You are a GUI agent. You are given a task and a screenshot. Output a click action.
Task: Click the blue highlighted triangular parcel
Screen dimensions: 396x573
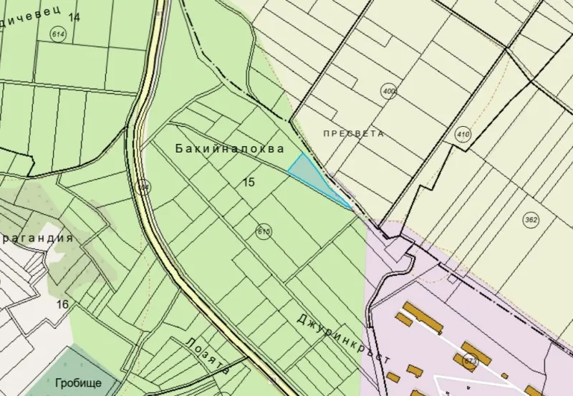312,175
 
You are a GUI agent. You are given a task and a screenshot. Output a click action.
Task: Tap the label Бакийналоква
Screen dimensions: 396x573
229,148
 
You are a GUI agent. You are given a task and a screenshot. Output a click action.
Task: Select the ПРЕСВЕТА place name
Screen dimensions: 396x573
353,133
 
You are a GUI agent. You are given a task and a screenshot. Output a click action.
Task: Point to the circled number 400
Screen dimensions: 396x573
390,91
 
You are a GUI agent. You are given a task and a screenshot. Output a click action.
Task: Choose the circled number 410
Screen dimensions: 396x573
462,134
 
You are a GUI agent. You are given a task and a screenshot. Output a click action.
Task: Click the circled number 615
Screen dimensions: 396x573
263,231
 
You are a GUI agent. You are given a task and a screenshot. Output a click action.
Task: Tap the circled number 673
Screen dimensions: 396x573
471,359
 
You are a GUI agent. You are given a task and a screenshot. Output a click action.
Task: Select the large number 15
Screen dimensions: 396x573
249,183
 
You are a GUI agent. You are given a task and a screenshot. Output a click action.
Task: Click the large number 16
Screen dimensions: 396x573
62,304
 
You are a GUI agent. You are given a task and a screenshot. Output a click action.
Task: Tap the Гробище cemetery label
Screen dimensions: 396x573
77,382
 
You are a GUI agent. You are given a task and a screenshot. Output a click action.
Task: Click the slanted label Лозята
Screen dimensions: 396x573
206,356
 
